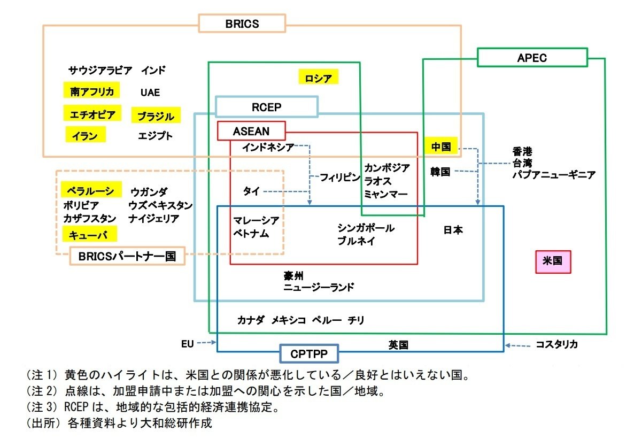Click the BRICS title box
click(x=242, y=24)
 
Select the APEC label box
click(x=532, y=58)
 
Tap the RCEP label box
click(x=266, y=107)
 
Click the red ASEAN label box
click(x=251, y=131)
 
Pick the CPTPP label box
click(x=309, y=353)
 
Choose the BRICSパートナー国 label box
click(x=127, y=256)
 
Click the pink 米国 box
click(x=553, y=262)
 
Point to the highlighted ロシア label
click(x=318, y=78)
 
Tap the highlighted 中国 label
click(x=441, y=145)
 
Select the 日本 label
click(x=453, y=230)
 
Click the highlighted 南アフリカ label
click(x=91, y=91)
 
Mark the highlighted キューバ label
click(x=89, y=234)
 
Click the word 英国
click(x=398, y=345)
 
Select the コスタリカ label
click(x=556, y=345)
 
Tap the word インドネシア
click(x=268, y=147)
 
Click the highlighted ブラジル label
click(x=156, y=115)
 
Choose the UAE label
click(x=150, y=93)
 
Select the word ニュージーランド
click(x=319, y=288)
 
